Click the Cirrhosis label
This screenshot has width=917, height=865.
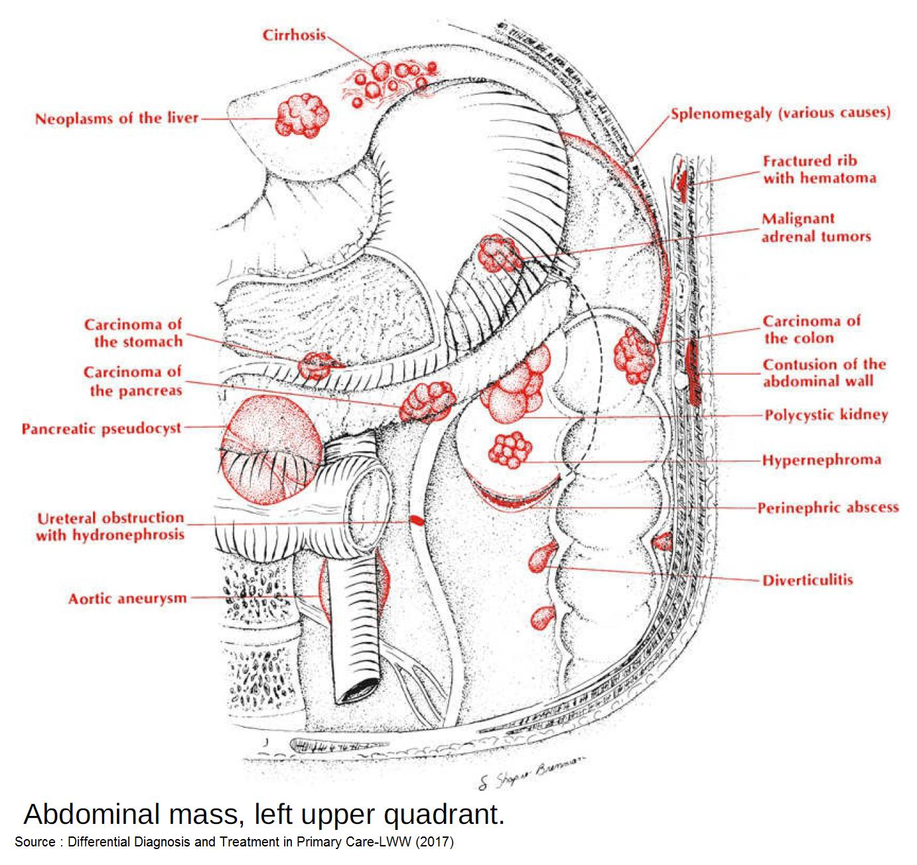click(x=294, y=34)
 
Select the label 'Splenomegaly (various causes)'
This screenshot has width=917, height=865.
click(x=780, y=113)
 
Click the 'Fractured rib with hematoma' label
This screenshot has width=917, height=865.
click(x=819, y=169)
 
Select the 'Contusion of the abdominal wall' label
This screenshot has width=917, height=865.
click(x=823, y=373)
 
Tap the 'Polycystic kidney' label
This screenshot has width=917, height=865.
click(x=825, y=415)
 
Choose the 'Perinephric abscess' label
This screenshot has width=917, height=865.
click(x=827, y=508)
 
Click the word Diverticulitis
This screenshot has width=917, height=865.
click(x=807, y=580)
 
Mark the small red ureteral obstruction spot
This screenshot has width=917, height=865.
click(x=416, y=520)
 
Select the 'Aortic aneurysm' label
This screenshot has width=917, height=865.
click(x=127, y=599)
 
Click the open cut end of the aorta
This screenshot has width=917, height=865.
click(x=358, y=690)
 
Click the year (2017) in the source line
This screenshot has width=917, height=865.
click(x=435, y=842)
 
